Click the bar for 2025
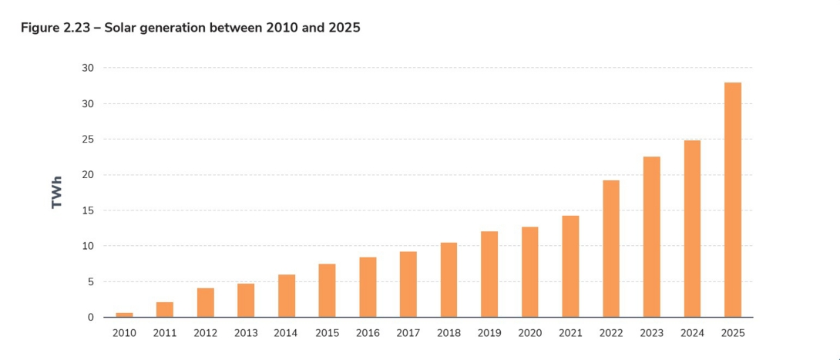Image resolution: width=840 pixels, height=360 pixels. tap(732, 200)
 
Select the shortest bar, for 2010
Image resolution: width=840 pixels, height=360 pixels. tap(124, 315)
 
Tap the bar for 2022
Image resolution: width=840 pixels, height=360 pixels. tap(610, 248)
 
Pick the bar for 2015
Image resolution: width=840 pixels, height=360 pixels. tap(327, 291)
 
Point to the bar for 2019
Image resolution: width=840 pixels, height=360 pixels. tap(489, 274)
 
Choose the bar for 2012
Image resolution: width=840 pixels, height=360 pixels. tap(205, 302)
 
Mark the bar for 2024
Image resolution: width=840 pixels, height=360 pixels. tap(692, 228)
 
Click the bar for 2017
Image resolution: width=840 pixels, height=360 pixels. tap(408, 284)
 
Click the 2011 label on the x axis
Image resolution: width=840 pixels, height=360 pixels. tap(165, 333)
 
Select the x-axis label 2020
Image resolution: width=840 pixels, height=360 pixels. tap(529, 333)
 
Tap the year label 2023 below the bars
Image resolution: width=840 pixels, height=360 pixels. tap(651, 333)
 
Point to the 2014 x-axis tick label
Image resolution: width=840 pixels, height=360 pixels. tap(286, 333)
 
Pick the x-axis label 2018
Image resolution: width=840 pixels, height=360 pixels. tap(449, 333)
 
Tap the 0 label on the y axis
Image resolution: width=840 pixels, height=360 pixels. tap(90, 318)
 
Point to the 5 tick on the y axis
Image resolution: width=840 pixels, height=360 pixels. tap(90, 282)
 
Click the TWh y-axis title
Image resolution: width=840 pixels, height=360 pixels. tap(57, 192)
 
